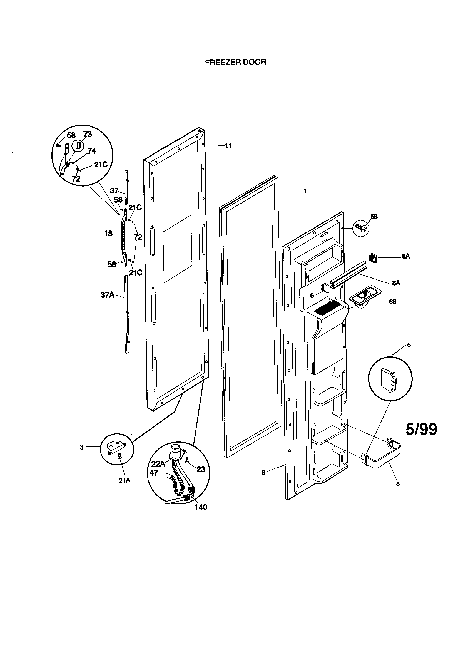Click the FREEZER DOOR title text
coord(235,62)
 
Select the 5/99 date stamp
coord(421,429)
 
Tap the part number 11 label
coord(228,146)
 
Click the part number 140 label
coord(201,507)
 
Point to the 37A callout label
coord(108,295)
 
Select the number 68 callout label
coord(392,302)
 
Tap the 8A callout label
coord(396,283)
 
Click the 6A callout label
coord(405,257)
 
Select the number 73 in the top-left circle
coord(88,134)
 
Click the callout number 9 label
coord(263,472)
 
